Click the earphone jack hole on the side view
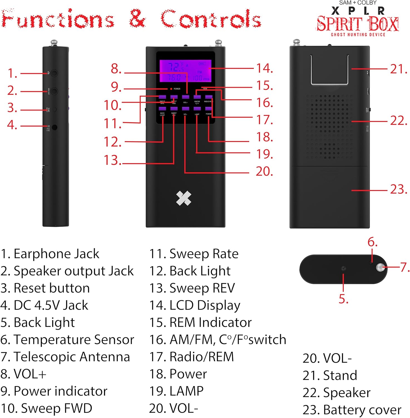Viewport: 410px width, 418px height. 54,73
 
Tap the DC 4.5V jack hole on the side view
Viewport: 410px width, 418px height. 55,127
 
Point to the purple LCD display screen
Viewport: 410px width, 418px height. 185,71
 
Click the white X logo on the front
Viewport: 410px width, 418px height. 184,198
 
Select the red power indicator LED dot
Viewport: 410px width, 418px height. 171,89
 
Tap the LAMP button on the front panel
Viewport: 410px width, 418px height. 197,109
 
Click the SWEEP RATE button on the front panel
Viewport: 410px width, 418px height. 162,97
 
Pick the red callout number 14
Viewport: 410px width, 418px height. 264,68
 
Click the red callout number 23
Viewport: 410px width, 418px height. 399,189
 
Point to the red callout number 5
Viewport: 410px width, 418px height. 344,299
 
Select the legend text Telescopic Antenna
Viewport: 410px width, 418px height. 72,357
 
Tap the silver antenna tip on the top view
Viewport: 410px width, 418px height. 380,268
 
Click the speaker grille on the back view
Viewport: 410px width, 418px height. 330,125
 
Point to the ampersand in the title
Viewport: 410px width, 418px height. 137,19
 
